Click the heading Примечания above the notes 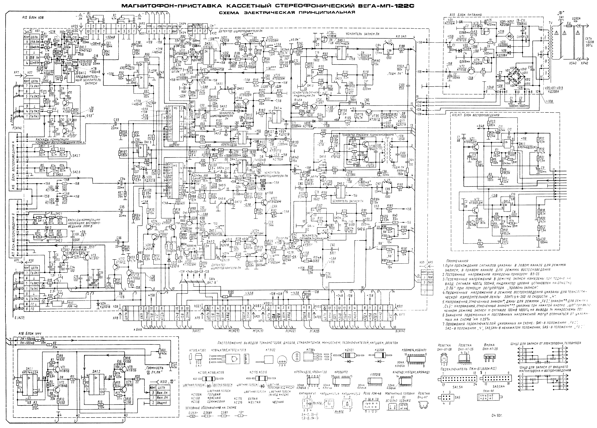[x=457, y=260]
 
